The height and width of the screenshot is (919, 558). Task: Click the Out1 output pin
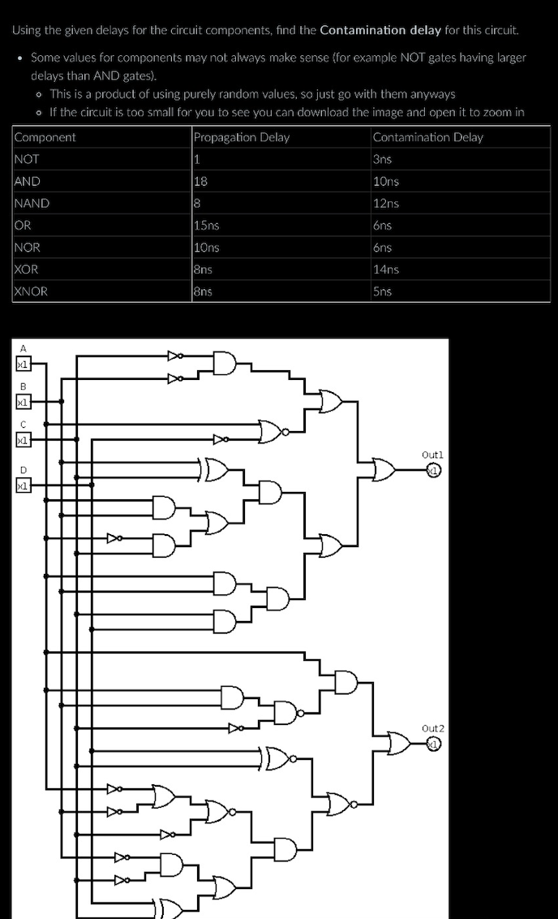point(435,471)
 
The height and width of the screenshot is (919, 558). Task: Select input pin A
point(23,365)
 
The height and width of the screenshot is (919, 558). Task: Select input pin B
point(23,402)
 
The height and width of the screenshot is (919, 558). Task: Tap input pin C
point(23,440)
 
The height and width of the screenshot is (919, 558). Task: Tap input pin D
point(23,485)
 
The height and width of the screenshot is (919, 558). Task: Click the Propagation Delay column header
point(241,137)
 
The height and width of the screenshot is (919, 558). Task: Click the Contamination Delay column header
point(427,137)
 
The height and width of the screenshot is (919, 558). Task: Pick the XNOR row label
point(32,291)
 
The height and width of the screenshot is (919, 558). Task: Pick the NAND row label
point(32,204)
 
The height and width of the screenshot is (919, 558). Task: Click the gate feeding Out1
point(384,470)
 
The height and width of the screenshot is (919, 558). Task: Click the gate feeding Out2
point(399,743)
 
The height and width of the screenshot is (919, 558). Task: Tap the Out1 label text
point(433,455)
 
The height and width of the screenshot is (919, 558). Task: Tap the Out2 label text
point(433,728)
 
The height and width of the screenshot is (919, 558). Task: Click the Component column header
point(45,137)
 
